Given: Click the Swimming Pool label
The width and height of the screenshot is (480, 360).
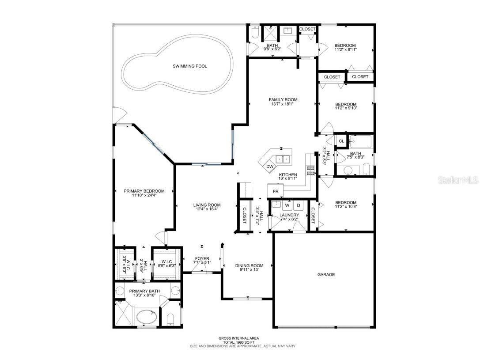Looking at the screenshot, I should tap(189, 66).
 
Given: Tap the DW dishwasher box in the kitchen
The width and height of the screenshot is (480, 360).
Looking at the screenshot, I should tap(269, 167).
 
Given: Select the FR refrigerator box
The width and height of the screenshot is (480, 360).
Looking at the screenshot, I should tap(276, 191).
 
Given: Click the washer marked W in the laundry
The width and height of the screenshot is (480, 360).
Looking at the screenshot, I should tap(287, 205).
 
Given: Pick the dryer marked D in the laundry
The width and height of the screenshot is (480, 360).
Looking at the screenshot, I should tap(298, 205).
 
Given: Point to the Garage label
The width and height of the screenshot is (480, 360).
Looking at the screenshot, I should tap(326, 274).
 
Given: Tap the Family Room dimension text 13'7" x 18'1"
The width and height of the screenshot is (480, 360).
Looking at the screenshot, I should tap(283, 104).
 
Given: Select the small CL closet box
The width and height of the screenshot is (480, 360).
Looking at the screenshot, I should tap(341, 141).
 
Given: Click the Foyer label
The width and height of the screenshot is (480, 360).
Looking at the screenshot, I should tap(202, 258).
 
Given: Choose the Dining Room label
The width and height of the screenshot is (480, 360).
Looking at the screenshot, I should tap(249, 265).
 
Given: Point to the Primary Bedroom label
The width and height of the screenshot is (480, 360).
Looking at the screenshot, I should tap(144, 191).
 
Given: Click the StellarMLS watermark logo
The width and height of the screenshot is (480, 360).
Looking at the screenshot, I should tap(455, 180).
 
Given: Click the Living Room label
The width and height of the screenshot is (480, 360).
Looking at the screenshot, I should tap(207, 205).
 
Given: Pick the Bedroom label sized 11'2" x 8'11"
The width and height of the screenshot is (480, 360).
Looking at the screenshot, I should tap(345, 45).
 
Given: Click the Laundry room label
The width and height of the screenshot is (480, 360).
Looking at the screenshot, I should tap(289, 215).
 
